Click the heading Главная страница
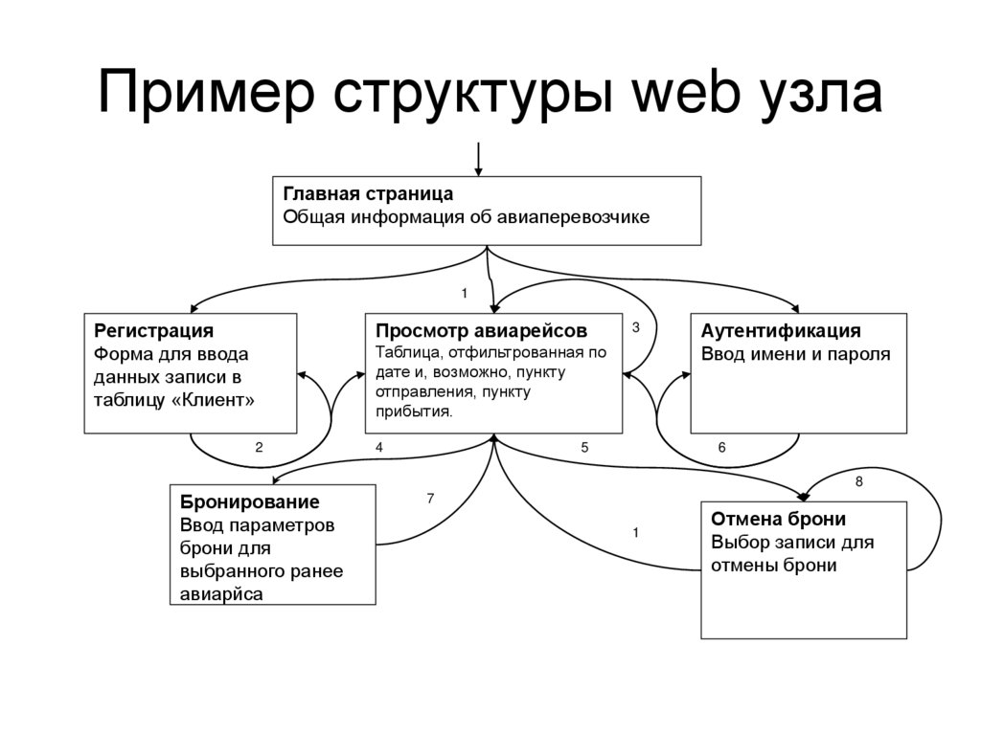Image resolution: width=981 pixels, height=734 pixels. click(x=368, y=193)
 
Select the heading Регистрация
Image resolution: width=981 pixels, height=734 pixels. click(x=153, y=331)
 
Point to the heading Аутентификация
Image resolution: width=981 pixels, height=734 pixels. click(x=781, y=331)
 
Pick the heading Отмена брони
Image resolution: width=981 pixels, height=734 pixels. click(x=778, y=520)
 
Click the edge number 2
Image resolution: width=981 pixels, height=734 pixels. click(x=259, y=447)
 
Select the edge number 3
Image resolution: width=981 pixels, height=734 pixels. click(x=635, y=327)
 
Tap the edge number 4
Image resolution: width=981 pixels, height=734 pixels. click(x=379, y=447)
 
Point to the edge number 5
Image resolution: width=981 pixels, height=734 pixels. click(x=584, y=447)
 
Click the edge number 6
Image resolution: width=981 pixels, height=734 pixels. click(x=721, y=447)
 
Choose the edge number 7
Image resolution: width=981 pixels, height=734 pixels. click(x=430, y=498)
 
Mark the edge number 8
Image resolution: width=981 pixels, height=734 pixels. click(x=858, y=482)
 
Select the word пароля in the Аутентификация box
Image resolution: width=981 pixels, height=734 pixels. click(x=860, y=354)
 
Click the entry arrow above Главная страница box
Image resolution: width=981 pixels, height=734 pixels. click(x=478, y=158)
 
